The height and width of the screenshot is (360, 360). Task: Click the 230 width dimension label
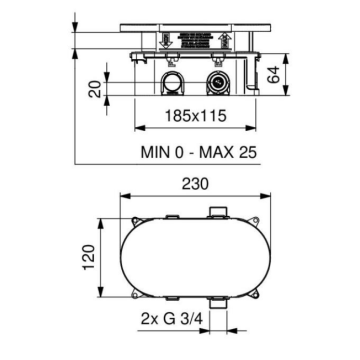point(195,184)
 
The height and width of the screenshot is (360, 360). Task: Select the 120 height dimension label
point(90,257)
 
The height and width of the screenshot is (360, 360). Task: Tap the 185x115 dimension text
point(196,116)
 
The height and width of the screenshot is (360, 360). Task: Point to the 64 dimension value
point(273,75)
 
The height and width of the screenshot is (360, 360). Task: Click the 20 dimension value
point(95,89)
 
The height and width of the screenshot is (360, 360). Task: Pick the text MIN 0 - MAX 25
point(199,152)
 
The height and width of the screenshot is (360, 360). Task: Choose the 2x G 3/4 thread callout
point(172,320)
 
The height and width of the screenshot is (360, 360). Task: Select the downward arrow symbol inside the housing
point(166,40)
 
